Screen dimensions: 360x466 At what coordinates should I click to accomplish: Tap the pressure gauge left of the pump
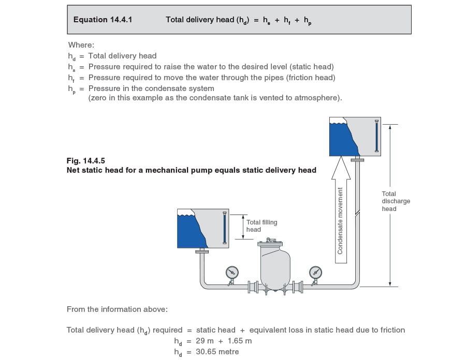tap(232, 272)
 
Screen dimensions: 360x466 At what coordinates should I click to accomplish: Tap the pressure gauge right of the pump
tap(315, 272)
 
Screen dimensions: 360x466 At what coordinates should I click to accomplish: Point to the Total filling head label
tap(261, 226)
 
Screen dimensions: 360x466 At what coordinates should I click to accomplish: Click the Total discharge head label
tap(396, 201)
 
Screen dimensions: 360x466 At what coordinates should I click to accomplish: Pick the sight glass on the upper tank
tap(376, 137)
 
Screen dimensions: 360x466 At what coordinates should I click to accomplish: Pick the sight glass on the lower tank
tap(224, 228)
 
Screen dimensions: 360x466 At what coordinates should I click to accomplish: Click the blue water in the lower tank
tap(188, 231)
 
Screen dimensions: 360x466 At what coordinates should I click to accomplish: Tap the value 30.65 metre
tap(217, 352)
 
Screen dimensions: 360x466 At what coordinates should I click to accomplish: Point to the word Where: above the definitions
tap(81, 45)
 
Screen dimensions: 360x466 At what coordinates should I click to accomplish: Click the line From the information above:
tap(117, 309)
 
